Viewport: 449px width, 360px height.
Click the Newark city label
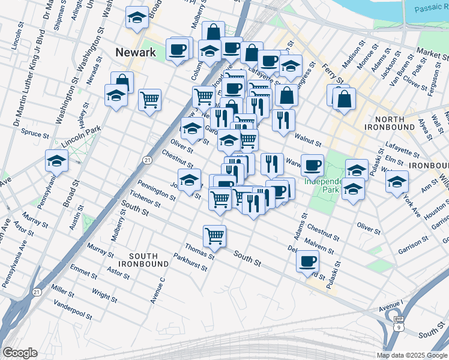(x=135, y=52)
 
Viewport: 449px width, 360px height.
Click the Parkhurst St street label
(x=190, y=265)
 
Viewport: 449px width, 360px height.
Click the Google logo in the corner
(x=19, y=353)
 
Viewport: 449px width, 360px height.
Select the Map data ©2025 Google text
(x=412, y=355)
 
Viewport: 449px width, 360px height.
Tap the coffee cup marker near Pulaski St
(x=307, y=261)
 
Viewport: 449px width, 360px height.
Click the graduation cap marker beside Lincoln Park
(x=56, y=161)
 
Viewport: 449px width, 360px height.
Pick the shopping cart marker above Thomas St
(x=214, y=235)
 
